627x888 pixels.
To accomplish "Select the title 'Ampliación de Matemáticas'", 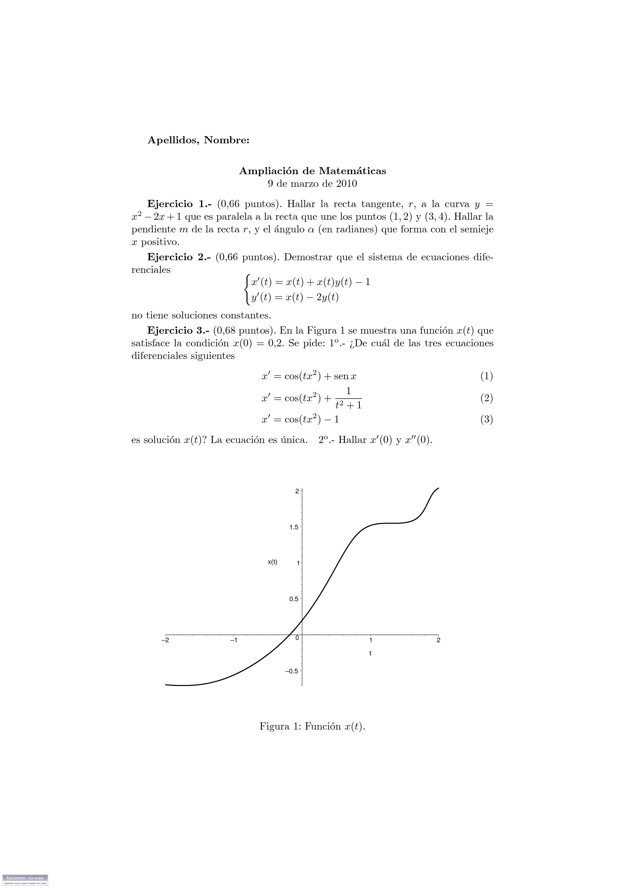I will pos(312,171).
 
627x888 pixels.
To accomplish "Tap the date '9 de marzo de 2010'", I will pos(312,184).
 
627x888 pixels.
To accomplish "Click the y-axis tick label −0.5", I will pos(292,671).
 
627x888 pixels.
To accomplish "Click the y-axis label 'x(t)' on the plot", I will pos(272,562).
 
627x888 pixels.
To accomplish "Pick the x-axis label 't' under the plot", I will pos(370,653).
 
